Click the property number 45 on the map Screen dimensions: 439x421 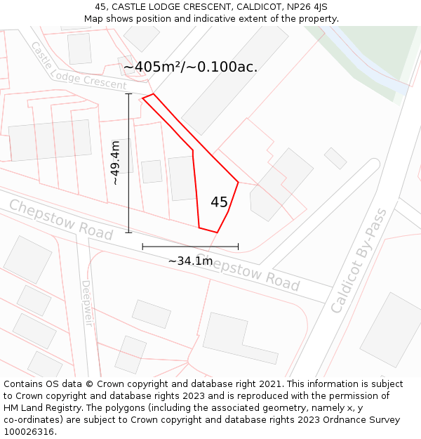pos(219,202)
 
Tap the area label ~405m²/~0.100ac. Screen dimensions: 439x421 pos(190,67)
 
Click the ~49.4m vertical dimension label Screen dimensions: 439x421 pos(116,162)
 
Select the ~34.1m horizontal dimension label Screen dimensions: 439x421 pos(190,261)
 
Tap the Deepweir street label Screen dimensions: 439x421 pos(86,303)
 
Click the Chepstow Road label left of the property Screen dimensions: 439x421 pos(60,219)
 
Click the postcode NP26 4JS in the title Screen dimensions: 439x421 pos(306,7)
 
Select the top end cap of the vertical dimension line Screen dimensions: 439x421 pos(128,93)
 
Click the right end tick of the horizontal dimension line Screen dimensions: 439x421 pos(238,247)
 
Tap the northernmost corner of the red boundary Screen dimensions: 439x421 pos(153,94)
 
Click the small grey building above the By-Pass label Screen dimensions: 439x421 pos(335,158)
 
